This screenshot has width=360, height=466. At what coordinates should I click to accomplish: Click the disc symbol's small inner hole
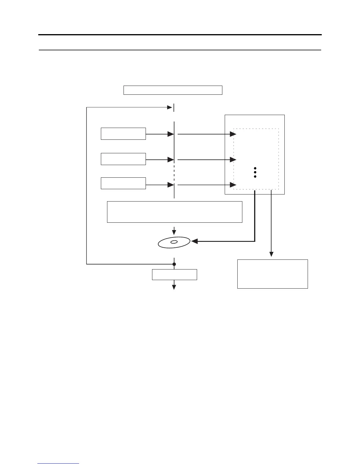click(174, 242)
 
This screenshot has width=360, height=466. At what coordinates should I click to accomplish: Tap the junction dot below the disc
click(174, 264)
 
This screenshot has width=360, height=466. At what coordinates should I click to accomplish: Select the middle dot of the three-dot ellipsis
click(255, 172)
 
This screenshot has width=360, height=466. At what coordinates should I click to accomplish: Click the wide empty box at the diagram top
click(173, 90)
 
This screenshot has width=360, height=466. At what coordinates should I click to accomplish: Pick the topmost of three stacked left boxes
click(123, 134)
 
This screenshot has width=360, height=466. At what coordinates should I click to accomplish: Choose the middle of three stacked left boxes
click(123, 159)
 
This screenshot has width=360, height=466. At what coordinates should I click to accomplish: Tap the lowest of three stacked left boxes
click(123, 183)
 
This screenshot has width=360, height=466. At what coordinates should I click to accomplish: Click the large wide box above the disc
click(174, 212)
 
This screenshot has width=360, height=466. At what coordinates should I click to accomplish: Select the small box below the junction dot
click(174, 274)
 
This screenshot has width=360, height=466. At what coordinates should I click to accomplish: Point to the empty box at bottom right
click(272, 274)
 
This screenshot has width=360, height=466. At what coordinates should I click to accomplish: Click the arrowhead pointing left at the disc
click(194, 242)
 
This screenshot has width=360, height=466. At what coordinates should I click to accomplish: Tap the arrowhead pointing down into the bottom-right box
click(271, 254)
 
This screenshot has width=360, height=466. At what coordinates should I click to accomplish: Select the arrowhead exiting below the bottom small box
click(174, 287)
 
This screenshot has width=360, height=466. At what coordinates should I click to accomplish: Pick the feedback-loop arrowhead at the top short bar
click(170, 107)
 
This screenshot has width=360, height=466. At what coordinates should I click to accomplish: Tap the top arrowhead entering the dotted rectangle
click(233, 134)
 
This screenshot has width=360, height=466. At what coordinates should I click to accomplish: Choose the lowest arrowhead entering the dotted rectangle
click(233, 185)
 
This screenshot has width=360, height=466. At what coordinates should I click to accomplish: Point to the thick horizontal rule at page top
click(180, 35)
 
